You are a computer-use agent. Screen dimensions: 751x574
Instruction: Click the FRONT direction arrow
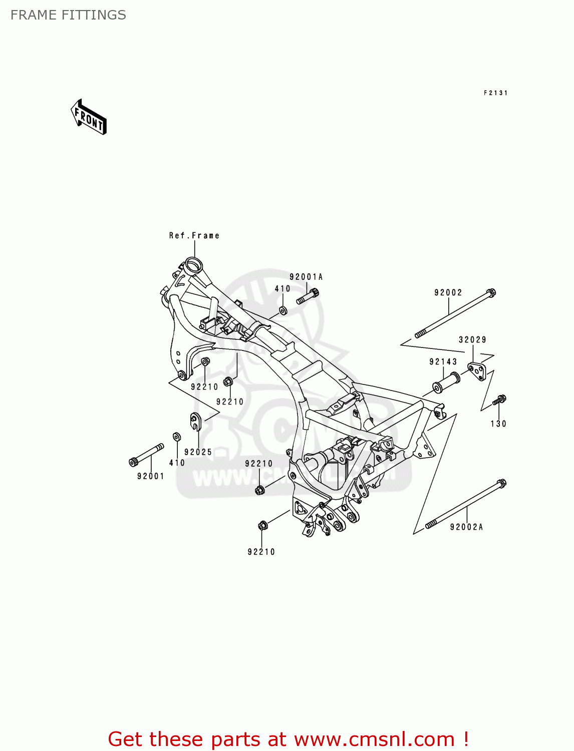click(x=89, y=117)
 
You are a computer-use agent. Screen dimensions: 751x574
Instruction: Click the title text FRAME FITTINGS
click(x=68, y=15)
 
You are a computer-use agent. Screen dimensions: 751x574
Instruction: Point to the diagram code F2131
click(x=495, y=93)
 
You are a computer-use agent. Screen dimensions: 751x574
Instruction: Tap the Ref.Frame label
click(x=194, y=236)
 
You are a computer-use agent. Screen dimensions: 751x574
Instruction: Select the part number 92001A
click(x=306, y=277)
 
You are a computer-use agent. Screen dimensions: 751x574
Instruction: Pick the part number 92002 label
click(x=448, y=293)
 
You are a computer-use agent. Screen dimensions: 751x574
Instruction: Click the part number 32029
click(x=472, y=340)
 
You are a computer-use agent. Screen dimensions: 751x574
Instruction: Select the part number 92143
click(x=443, y=362)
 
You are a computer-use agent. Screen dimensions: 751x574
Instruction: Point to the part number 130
click(x=498, y=424)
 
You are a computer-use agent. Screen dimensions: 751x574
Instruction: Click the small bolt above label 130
click(x=499, y=400)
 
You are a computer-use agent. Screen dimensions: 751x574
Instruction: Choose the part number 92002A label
click(x=466, y=527)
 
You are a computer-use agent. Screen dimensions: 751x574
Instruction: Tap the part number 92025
click(x=198, y=452)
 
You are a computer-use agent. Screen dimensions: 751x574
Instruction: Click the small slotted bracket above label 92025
click(x=195, y=421)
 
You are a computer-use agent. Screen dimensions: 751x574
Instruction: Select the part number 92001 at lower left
click(x=151, y=476)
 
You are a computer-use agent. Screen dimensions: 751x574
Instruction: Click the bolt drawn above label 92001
click(x=146, y=455)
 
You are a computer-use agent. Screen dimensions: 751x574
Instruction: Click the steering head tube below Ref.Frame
click(x=192, y=264)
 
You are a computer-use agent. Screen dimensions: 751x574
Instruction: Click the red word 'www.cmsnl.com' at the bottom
click(x=374, y=739)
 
